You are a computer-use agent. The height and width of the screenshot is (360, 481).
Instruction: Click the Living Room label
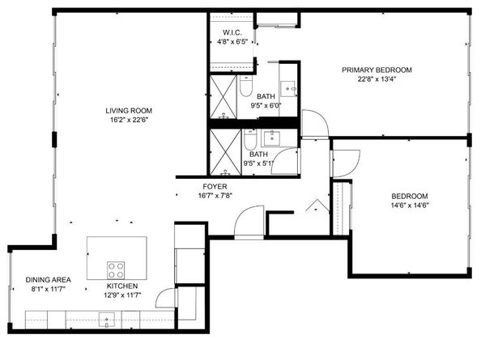[128, 111]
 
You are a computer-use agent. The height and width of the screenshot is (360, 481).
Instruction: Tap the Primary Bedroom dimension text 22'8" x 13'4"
[377, 79]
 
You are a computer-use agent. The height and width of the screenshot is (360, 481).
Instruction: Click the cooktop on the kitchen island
[116, 269]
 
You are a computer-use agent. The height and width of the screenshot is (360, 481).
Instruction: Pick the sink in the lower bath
[274, 138]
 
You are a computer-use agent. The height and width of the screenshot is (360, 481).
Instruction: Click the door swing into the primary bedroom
[315, 125]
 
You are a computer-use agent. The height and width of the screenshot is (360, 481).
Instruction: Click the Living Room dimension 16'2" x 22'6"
[128, 120]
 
